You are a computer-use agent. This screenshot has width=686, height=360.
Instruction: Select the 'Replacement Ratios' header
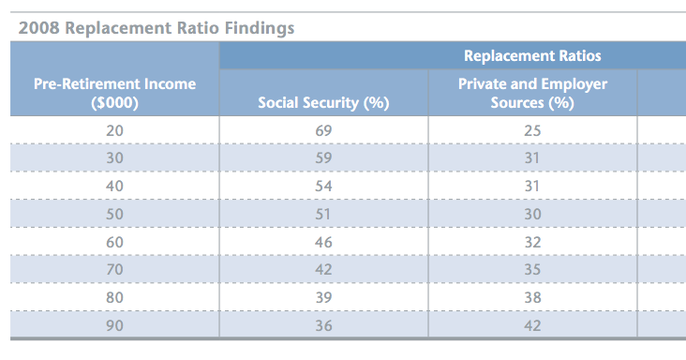pyautogui.click(x=532, y=56)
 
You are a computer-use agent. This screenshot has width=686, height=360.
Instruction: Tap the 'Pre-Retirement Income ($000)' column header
pyautogui.click(x=114, y=93)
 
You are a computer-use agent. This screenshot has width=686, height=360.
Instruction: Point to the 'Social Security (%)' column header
pyautogui.click(x=323, y=102)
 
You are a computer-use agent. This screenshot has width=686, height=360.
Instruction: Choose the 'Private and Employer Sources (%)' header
pyautogui.click(x=532, y=93)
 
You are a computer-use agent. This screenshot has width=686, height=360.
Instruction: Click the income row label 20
pyautogui.click(x=114, y=129)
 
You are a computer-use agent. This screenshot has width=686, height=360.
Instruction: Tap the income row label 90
pyautogui.click(x=114, y=325)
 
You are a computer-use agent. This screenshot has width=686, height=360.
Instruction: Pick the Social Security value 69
pyautogui.click(x=323, y=129)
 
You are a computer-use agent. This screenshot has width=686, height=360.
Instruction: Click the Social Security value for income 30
pyautogui.click(x=323, y=157)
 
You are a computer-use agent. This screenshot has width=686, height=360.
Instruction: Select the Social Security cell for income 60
pyautogui.click(x=323, y=241)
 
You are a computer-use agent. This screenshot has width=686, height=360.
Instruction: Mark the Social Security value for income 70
pyautogui.click(x=323, y=269)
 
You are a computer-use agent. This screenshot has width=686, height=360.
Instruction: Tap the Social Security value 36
pyautogui.click(x=323, y=325)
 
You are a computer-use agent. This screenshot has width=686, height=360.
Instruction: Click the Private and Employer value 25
pyautogui.click(x=532, y=129)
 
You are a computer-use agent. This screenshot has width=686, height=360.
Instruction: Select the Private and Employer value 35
pyautogui.click(x=532, y=269)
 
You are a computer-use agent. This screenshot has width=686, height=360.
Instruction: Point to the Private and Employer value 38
pyautogui.click(x=532, y=297)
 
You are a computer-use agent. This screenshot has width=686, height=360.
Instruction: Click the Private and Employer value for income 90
pyautogui.click(x=532, y=325)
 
